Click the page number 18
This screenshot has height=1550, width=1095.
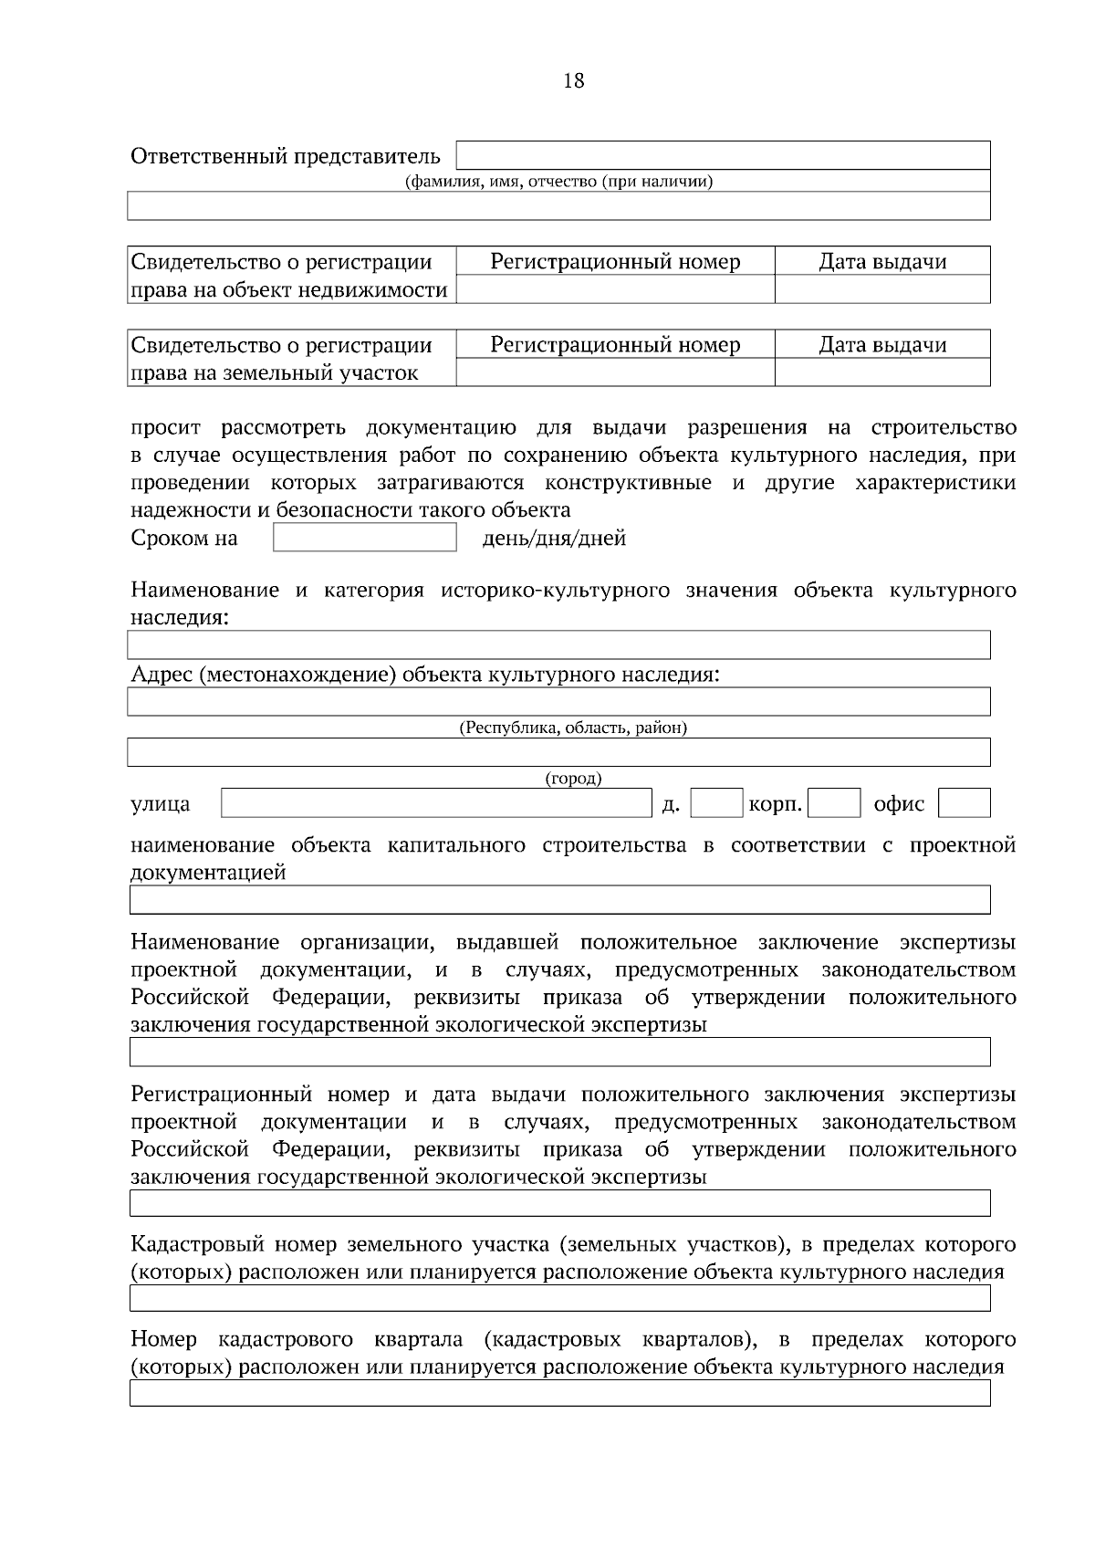point(574,81)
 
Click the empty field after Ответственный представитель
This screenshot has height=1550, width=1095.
point(723,155)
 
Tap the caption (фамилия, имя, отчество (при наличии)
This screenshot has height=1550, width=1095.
point(558,182)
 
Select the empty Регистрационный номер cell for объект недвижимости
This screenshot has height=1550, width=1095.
point(615,290)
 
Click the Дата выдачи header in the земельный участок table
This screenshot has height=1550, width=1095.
point(881,345)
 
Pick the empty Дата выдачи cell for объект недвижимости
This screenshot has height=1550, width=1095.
point(881,290)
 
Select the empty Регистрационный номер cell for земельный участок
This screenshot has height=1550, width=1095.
point(615,372)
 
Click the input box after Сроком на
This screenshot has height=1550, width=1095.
point(364,538)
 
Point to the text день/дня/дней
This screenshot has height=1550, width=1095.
point(553,539)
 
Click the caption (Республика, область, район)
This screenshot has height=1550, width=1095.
point(572,728)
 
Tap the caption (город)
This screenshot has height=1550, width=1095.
point(573,779)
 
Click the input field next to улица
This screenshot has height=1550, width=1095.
point(436,803)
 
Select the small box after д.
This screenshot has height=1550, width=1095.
point(716,803)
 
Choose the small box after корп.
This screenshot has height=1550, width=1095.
point(834,803)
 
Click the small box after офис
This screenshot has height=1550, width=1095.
point(964,803)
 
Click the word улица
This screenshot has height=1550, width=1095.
point(161,804)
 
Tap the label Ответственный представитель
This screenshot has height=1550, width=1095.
point(285,156)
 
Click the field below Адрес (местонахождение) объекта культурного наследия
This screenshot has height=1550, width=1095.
point(558,702)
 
